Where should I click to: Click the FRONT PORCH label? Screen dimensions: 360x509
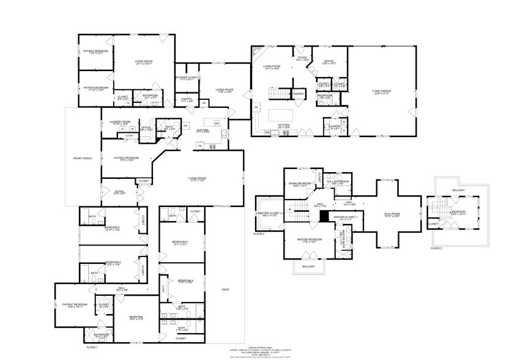click(x=83, y=159)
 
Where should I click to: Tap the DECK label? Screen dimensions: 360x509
click(x=226, y=290)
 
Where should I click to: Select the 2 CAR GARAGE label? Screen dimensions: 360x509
click(x=381, y=91)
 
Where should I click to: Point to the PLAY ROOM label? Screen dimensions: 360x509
click(x=391, y=214)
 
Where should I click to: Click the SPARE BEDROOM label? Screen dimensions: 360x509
click(x=300, y=184)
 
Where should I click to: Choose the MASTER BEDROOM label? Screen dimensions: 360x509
click(x=310, y=239)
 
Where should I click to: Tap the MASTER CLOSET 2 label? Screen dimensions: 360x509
click(x=270, y=214)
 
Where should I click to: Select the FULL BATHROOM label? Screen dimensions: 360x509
click(x=337, y=182)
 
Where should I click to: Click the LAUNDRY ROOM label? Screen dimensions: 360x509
click(x=120, y=122)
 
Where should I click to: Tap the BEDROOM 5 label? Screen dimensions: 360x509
click(x=180, y=242)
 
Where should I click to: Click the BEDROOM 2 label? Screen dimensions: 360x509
click(x=112, y=228)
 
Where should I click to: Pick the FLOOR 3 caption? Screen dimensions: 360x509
click(x=436, y=248)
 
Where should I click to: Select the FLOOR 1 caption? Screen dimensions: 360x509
click(x=92, y=347)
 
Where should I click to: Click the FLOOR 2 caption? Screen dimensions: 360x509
click(x=259, y=234)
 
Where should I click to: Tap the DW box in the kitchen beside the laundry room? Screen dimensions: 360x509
click(x=217, y=122)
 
